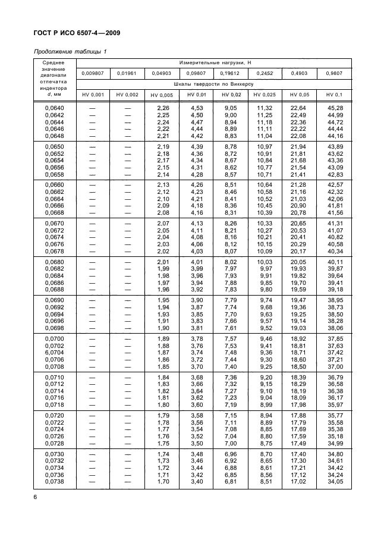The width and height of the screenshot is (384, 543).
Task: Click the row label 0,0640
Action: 55,108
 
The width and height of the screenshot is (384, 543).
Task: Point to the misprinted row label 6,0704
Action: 55,352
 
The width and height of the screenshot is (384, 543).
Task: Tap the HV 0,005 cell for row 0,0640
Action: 163,108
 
